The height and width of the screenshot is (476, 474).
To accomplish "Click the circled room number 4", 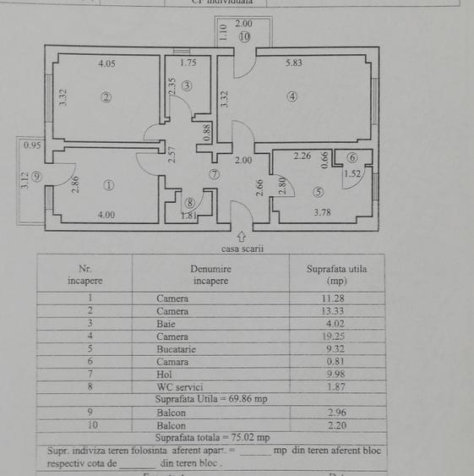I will click(x=291, y=96).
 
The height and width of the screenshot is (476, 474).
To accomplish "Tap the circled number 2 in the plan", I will click(x=106, y=97).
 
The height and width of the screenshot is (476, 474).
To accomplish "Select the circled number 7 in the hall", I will click(x=215, y=174).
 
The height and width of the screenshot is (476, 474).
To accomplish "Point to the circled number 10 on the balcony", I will click(x=244, y=37).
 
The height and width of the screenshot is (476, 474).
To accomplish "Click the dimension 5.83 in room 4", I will click(x=297, y=63).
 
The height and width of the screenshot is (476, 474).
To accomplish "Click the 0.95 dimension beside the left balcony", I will click(x=32, y=145).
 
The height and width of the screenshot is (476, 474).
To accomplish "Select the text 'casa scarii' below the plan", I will click(x=242, y=249).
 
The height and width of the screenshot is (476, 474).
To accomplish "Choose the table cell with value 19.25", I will click(x=336, y=336).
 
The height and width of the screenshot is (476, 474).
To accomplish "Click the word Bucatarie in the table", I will click(x=176, y=348).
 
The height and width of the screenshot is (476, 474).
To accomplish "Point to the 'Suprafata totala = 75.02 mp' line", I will click(x=212, y=438).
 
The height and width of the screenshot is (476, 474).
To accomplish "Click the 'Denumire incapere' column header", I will click(x=210, y=274).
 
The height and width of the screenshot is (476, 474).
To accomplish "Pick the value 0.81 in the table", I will click(x=336, y=361).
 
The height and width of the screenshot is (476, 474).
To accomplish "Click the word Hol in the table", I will click(x=164, y=374).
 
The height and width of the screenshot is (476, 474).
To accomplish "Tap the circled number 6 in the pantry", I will click(x=352, y=157).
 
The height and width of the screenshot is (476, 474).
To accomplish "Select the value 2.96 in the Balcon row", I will click(x=336, y=413).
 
